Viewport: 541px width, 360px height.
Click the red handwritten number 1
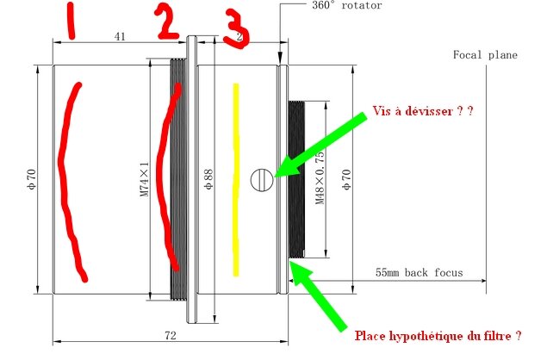click(x=71, y=21)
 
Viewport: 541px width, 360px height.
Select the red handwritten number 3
click(x=236, y=29)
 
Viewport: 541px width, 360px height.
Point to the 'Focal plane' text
click(x=485, y=55)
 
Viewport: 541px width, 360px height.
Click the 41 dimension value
click(x=120, y=37)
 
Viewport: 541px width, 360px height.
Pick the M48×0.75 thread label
click(x=319, y=178)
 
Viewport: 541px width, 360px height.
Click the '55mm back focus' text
click(x=419, y=272)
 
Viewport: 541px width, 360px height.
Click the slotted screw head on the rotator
click(x=262, y=178)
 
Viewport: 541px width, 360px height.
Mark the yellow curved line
click(x=233, y=181)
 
